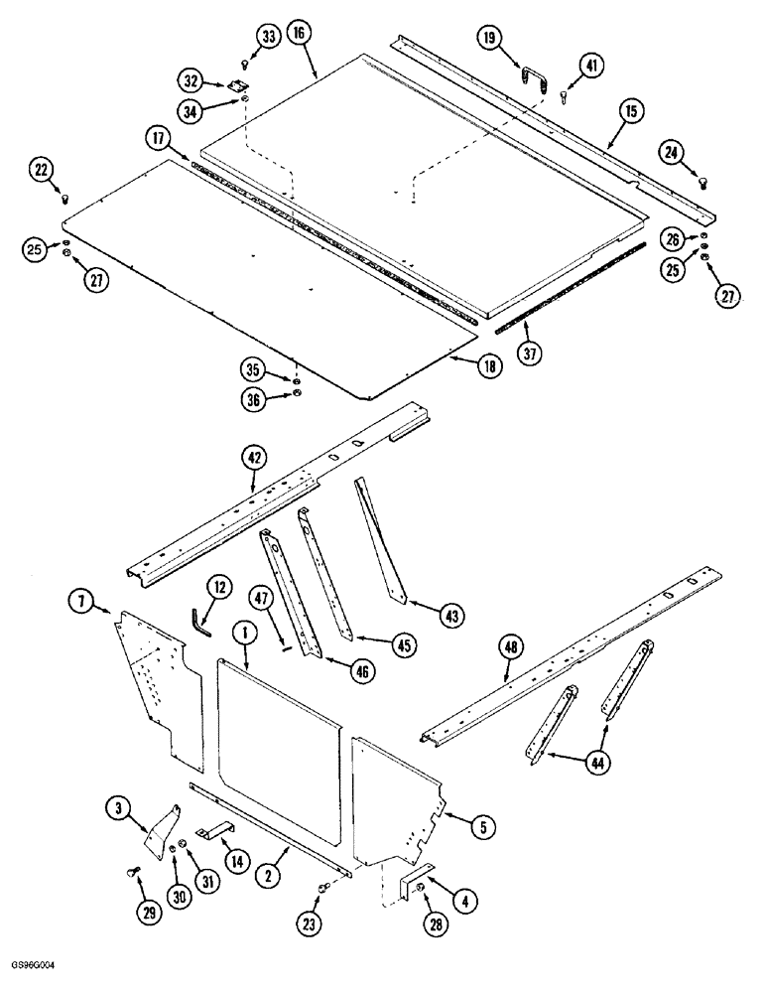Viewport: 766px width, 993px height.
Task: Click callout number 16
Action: pos(301,33)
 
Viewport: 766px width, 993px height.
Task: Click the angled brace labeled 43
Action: pos(378,536)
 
